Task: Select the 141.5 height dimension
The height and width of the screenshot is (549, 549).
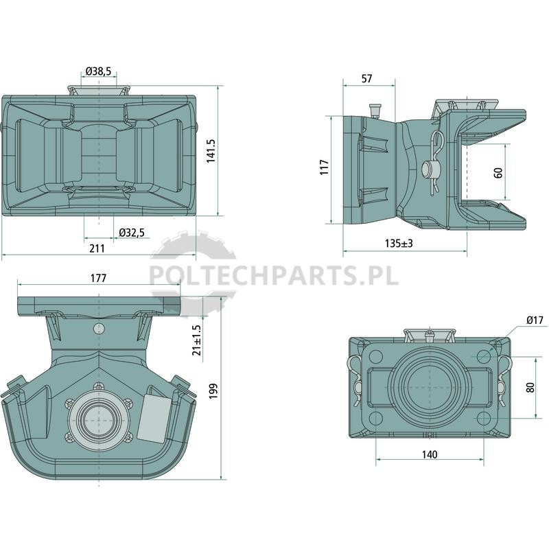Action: [x=211, y=150]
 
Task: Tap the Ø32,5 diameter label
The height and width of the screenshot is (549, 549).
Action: [x=132, y=233]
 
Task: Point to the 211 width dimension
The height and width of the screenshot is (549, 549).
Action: [x=97, y=248]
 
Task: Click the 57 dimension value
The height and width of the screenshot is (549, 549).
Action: [x=366, y=79]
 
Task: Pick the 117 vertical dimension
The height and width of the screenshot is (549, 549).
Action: [x=325, y=167]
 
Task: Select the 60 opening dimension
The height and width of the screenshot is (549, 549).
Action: [x=498, y=173]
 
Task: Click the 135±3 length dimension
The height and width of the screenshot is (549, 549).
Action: [x=399, y=243]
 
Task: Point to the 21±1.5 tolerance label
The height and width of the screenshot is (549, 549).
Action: [x=197, y=340]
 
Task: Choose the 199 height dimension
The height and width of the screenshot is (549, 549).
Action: [x=213, y=391]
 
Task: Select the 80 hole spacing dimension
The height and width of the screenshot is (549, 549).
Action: [x=530, y=388]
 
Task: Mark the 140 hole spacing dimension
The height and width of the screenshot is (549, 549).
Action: [x=430, y=454]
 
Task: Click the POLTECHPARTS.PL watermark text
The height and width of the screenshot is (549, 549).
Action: [x=274, y=274]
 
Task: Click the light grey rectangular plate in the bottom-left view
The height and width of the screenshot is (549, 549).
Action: [x=153, y=418]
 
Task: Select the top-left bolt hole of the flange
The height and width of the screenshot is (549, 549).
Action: [x=376, y=356]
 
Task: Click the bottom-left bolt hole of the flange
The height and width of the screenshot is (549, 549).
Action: [x=375, y=418]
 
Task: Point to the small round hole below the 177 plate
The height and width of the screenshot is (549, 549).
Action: [x=99, y=329]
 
